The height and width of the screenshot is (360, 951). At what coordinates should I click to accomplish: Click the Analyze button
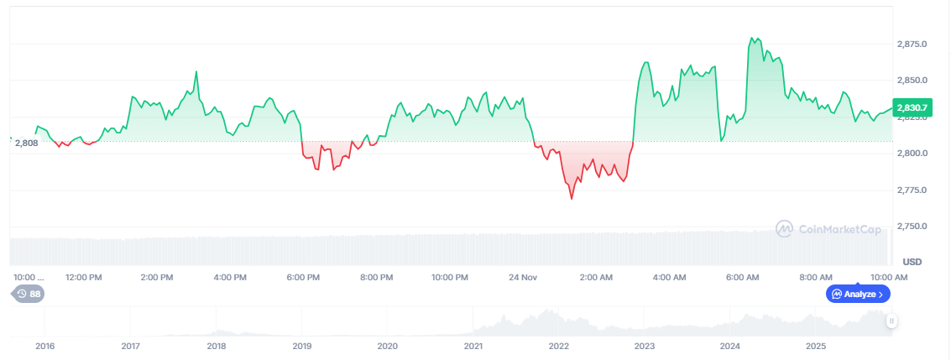858,294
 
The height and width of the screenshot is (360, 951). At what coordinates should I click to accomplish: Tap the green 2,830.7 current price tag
912,107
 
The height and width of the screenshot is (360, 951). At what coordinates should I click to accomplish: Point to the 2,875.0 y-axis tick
912,44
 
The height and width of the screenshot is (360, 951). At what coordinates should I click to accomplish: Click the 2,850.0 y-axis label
912,81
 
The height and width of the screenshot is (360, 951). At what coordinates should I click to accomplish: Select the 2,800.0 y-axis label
912,154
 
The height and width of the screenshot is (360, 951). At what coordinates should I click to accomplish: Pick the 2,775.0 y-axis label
912,190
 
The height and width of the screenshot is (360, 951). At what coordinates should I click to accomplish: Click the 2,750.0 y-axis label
912,227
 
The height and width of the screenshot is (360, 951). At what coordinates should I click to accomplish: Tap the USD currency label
912,261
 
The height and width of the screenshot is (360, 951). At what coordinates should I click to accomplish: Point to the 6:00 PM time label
303,277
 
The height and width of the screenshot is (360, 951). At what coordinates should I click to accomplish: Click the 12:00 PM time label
84,277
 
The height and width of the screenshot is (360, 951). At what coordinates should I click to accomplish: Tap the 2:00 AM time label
595,277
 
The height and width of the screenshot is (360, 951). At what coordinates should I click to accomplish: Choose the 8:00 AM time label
815,277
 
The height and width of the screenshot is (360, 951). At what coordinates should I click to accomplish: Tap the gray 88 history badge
28,294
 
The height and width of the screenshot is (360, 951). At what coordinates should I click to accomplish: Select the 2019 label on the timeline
301,346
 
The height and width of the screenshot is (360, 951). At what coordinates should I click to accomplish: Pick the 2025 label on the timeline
816,346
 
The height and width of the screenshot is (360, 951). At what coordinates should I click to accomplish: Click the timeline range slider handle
891,321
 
